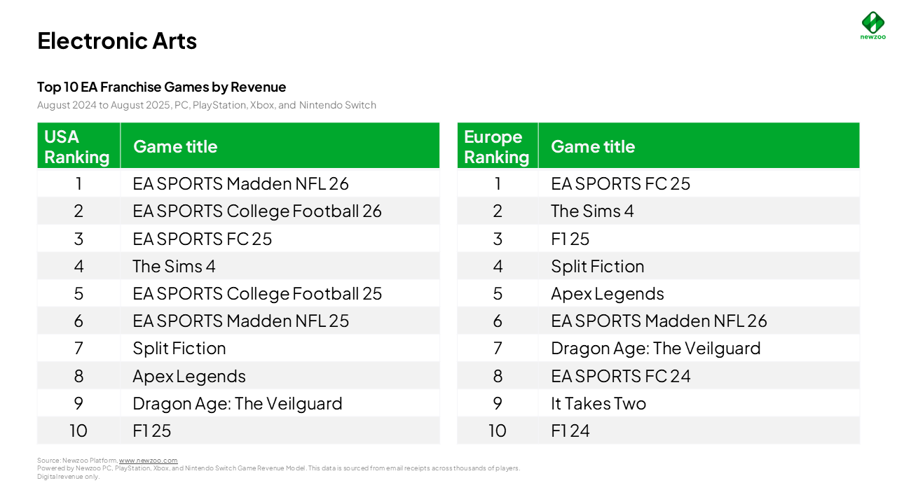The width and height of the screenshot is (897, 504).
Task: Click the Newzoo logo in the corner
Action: pyautogui.click(x=872, y=25)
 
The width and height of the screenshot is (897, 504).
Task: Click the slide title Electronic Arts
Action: pyautogui.click(x=117, y=41)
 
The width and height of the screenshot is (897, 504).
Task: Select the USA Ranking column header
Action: pyautogui.click(x=77, y=146)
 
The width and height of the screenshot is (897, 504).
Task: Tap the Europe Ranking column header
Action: pyautogui.click(x=496, y=146)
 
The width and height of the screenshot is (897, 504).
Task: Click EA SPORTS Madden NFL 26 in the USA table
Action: pyautogui.click(x=240, y=183)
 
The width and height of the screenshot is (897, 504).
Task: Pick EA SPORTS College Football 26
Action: pyautogui.click(x=256, y=211)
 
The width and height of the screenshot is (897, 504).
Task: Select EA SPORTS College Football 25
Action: pyautogui.click(x=256, y=293)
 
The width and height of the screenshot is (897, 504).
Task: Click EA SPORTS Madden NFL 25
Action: pyautogui.click(x=240, y=321)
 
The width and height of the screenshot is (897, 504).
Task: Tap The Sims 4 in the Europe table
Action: pyautogui.click(x=591, y=211)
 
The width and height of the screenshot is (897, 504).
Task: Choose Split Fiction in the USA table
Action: pyautogui.click(x=179, y=348)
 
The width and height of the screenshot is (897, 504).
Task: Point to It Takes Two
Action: pyautogui.click(x=598, y=403)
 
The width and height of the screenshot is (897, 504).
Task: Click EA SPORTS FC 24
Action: pyautogui.click(x=620, y=376)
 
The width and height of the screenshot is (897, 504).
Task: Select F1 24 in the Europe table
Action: pyautogui.click(x=570, y=430)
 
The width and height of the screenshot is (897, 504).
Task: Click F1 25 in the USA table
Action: pyautogui.click(x=151, y=430)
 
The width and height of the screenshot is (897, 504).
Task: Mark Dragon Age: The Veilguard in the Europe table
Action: pyautogui.click(x=655, y=348)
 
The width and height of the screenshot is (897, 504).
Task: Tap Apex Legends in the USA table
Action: pyautogui.click(x=189, y=376)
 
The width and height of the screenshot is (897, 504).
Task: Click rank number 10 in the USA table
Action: pyautogui.click(x=78, y=430)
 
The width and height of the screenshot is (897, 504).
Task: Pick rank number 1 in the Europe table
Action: pyautogui.click(x=498, y=183)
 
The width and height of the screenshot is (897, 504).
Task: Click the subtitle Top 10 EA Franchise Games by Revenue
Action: pyautogui.click(x=161, y=87)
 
